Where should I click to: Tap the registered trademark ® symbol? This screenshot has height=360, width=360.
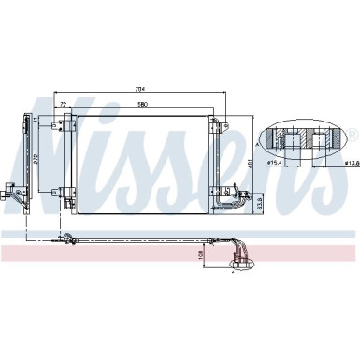pos(353,135)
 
